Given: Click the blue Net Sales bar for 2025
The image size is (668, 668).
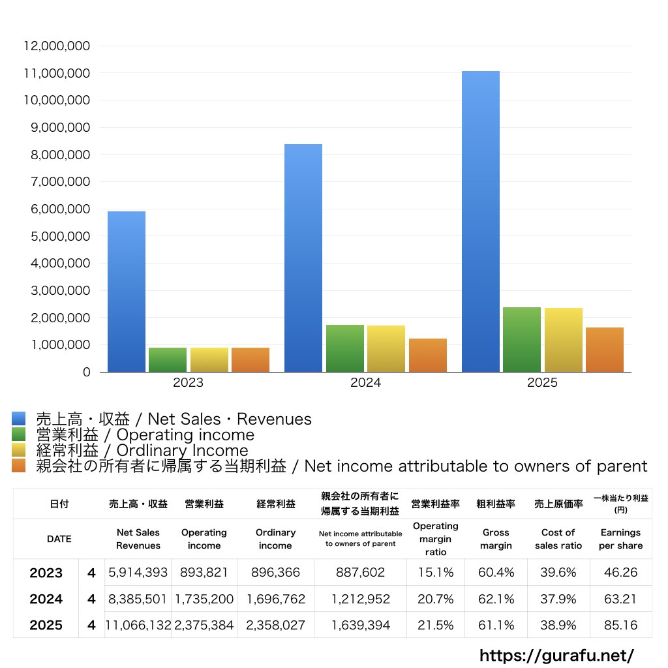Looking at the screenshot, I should click(x=481, y=222).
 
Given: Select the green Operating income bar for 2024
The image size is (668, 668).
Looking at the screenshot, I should click(x=345, y=348).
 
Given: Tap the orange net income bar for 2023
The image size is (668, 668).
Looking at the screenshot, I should click(x=250, y=359).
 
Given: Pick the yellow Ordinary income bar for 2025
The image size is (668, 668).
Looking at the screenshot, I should click(x=564, y=340).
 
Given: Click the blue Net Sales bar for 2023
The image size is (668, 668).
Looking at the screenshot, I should click(x=127, y=292).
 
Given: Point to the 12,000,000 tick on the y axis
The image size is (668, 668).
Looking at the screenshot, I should click(x=57, y=46).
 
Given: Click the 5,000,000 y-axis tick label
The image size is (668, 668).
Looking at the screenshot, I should click(x=57, y=236).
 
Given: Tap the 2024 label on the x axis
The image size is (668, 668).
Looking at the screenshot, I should click(x=365, y=383).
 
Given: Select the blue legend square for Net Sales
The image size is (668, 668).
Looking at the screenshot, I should click(x=18, y=419).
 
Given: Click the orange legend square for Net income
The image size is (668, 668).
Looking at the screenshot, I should click(x=18, y=466).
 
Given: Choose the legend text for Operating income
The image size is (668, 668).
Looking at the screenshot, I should click(x=145, y=434).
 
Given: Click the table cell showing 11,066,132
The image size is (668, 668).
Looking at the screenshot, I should click(x=138, y=625).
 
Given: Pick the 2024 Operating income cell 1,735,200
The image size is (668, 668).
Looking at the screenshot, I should click(x=204, y=599).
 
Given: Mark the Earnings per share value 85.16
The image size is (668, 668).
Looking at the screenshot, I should click(x=621, y=625).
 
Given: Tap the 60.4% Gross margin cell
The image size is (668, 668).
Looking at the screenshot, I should click(x=496, y=573).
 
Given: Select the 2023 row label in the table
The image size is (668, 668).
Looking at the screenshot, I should click(x=46, y=573).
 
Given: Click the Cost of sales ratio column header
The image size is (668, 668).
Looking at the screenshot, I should click(x=558, y=539).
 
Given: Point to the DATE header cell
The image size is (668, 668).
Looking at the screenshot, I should click(x=59, y=539).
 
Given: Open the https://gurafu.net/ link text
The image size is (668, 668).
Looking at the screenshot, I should click(x=556, y=656).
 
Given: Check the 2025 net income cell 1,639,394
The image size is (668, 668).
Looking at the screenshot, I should click(x=361, y=625).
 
